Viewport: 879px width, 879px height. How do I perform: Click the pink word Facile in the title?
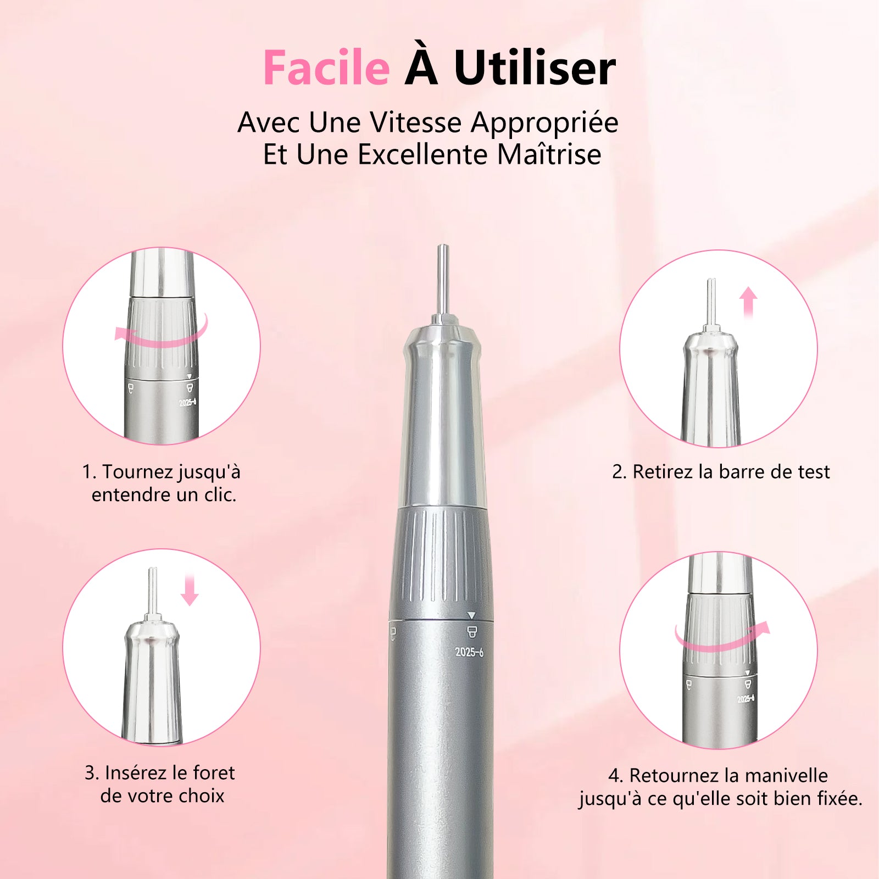326,68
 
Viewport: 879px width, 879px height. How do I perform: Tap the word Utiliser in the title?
535,68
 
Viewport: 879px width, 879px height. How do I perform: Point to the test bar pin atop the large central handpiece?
442,280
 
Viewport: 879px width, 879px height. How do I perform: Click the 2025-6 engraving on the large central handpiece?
469,652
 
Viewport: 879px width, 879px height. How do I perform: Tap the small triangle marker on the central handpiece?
471,615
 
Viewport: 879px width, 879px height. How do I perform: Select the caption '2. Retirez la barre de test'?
721,472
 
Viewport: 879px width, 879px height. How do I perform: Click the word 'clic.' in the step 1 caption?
220,495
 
